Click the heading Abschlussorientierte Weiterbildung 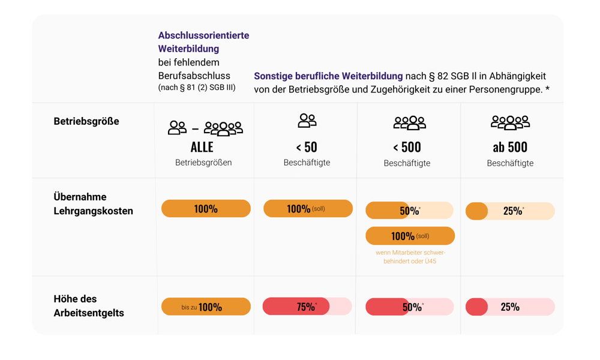[x=203, y=42]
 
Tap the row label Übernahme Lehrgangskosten [x=93, y=204]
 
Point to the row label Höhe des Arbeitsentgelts [x=89, y=305]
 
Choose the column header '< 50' [x=307, y=147]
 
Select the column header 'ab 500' [x=510, y=147]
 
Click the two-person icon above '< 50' [x=307, y=121]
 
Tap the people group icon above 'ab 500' [x=510, y=123]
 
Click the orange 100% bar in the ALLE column [x=206, y=209]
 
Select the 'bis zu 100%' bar [x=206, y=307]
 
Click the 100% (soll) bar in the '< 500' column [x=410, y=236]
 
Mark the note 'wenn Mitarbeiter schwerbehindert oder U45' [x=410, y=257]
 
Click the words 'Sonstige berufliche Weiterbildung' [x=328, y=77]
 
